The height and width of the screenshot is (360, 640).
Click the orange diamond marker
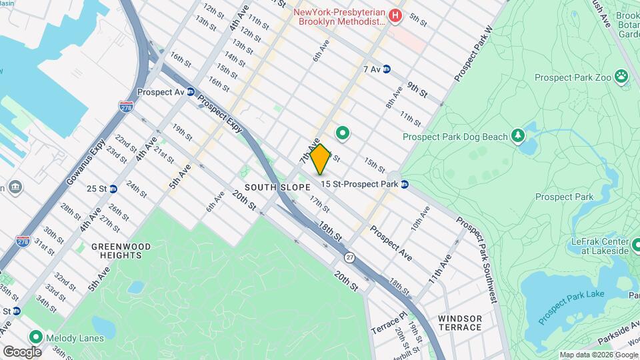(x=320, y=159)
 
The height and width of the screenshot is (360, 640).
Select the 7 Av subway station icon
(x=387, y=69)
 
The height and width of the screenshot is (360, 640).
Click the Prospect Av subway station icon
(x=191, y=92)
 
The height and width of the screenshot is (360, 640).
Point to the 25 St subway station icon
(x=113, y=189)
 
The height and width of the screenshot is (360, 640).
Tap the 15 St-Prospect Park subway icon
(x=405, y=184)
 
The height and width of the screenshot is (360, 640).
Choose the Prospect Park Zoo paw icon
(x=621, y=77)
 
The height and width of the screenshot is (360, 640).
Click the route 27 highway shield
(x=349, y=257)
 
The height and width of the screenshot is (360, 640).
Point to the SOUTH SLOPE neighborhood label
(x=270, y=187)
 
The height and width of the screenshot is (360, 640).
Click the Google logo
(x=22, y=351)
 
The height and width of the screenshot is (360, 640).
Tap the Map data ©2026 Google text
(x=598, y=355)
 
